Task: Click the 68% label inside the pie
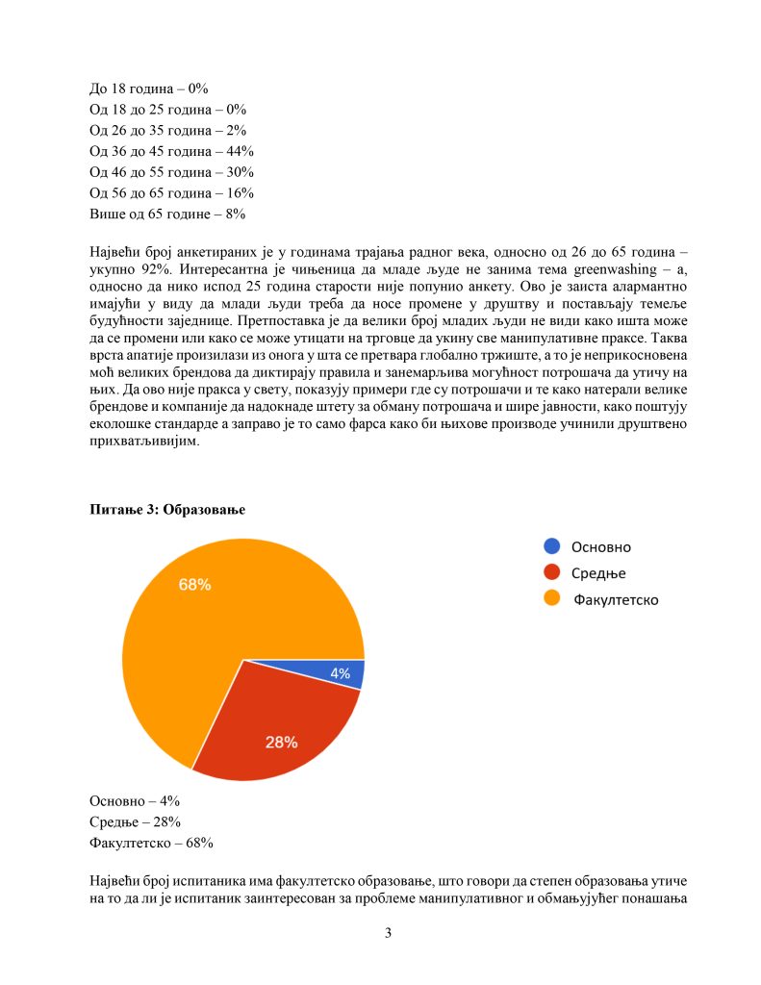point(194,584)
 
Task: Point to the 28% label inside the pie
point(281,742)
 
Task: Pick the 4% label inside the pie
point(340,674)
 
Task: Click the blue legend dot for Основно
point(551,546)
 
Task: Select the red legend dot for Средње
point(551,572)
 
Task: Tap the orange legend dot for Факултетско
point(551,598)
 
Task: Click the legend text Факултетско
point(616,599)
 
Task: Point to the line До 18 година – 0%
point(148,88)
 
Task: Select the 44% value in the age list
point(239,151)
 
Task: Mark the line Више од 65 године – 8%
point(167,214)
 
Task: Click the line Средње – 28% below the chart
point(135,821)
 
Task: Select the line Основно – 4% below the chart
point(135,800)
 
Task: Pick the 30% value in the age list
point(239,172)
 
